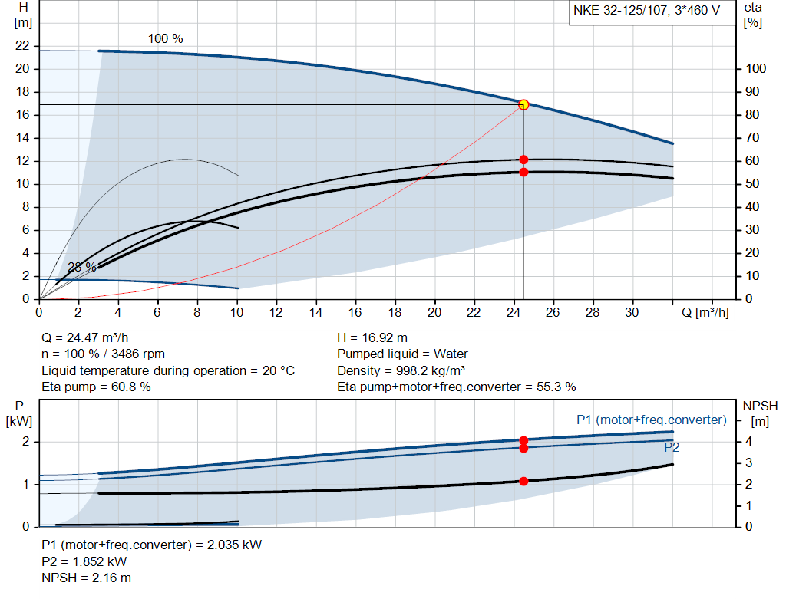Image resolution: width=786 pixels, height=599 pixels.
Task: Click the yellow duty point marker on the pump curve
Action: pyautogui.click(x=523, y=104)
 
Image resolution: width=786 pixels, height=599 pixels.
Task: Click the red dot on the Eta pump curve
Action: pyautogui.click(x=523, y=160)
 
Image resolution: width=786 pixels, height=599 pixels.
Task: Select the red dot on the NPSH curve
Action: pyautogui.click(x=523, y=481)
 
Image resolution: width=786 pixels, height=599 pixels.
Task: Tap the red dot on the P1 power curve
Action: pyautogui.click(x=523, y=440)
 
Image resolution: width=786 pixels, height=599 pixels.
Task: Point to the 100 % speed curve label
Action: pyautogui.click(x=166, y=38)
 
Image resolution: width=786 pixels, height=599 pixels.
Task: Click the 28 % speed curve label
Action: pyautogui.click(x=82, y=267)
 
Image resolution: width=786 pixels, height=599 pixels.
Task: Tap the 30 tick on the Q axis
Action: pyautogui.click(x=632, y=312)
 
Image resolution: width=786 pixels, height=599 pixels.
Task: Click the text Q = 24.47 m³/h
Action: pyautogui.click(x=84, y=337)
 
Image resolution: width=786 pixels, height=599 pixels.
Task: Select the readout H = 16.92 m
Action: pyautogui.click(x=372, y=337)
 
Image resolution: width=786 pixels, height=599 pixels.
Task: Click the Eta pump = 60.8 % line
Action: pyautogui.click(x=96, y=387)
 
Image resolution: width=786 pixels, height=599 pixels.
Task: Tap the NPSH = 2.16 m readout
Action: pyautogui.click(x=86, y=578)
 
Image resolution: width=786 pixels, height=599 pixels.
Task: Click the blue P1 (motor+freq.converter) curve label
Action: pyautogui.click(x=651, y=420)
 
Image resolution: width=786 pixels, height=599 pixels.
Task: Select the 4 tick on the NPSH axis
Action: pyautogui.click(x=748, y=442)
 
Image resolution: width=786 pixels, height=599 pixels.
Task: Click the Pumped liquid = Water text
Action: pyautogui.click(x=402, y=354)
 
